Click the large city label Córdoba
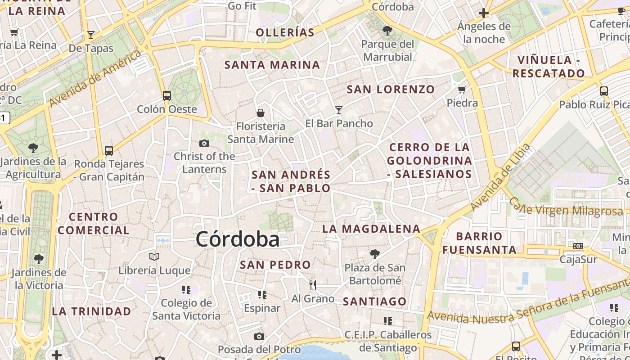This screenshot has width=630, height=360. [x=237, y=239]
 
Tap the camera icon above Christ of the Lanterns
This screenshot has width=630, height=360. [x=204, y=143]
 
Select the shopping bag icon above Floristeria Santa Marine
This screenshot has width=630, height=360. [x=260, y=112]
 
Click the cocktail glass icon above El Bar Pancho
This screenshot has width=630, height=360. [x=339, y=110]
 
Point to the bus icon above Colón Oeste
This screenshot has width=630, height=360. [x=167, y=95]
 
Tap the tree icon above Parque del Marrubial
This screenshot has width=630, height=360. [x=387, y=31]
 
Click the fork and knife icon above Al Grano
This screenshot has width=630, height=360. [x=313, y=285]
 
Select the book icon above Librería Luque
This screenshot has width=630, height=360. [x=154, y=256]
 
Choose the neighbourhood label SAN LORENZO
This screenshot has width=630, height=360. [x=391, y=89]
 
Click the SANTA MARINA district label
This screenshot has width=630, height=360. [x=272, y=65]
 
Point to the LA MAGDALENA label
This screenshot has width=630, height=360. [x=371, y=229]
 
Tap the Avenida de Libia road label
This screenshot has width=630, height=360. [x=500, y=177]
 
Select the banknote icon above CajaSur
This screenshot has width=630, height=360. [x=578, y=246]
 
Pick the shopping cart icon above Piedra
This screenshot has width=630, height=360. [x=462, y=90]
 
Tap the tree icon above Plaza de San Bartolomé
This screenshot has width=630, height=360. [x=374, y=254]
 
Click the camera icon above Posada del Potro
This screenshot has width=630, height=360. [x=259, y=336]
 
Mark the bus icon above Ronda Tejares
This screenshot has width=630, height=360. [x=109, y=150]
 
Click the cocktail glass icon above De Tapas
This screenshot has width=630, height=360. [x=91, y=35]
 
